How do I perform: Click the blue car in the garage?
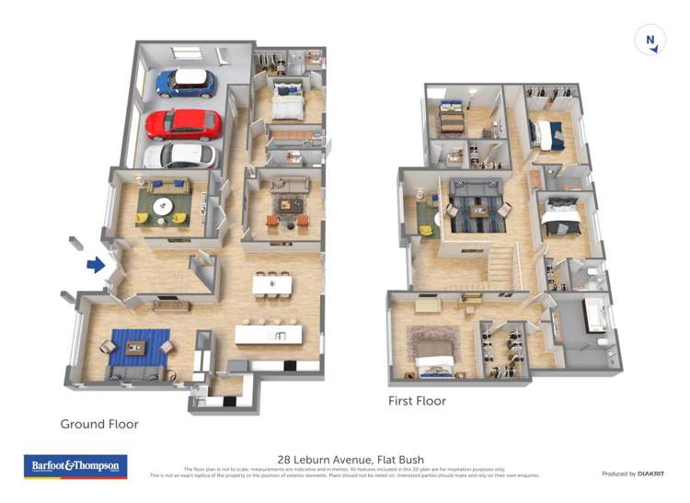point(185,83)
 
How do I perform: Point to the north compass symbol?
point(650,40)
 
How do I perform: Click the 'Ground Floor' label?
point(99,424)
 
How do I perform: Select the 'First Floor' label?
point(417,401)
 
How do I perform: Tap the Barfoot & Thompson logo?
point(75,466)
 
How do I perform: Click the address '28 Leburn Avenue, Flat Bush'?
point(351,460)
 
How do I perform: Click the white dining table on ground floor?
point(271,285)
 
